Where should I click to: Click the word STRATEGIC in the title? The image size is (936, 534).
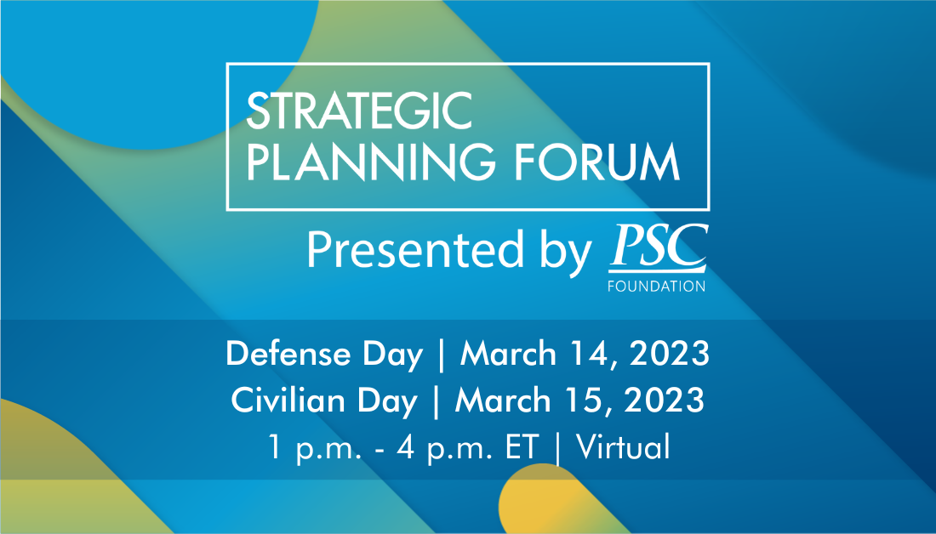coord(359,111)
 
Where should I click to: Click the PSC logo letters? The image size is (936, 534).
coord(658,247)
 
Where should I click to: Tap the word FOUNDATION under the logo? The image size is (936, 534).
coord(657,286)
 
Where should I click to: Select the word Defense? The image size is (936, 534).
coord(288,355)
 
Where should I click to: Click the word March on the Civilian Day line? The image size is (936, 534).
coord(503,400)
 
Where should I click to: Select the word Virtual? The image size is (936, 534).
coord(623,446)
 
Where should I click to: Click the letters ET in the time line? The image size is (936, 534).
coord(523,446)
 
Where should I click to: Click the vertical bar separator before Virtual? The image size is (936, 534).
coord(558,447)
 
